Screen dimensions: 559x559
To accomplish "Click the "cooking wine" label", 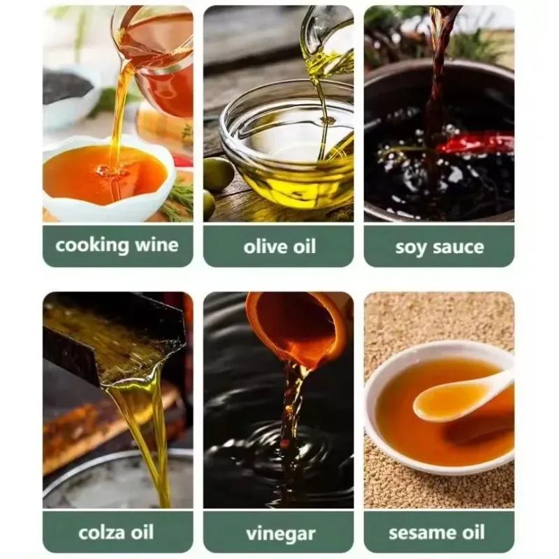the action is coord(117,245).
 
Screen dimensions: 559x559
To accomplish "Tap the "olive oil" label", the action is coord(279,247).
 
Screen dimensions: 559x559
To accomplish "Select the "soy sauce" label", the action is coord(440,247).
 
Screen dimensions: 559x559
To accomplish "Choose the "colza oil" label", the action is coord(116,532).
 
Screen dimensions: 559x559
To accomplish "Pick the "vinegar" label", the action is coord(281,534).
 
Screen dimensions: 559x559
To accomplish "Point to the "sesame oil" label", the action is coord(437,532).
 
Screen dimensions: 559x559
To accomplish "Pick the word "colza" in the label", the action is coord(101,532).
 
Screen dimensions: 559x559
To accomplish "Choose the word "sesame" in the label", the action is coord(421,532).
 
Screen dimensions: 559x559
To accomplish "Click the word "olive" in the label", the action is coord(265,247).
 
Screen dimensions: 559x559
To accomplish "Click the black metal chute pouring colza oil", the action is coord(114,339).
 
